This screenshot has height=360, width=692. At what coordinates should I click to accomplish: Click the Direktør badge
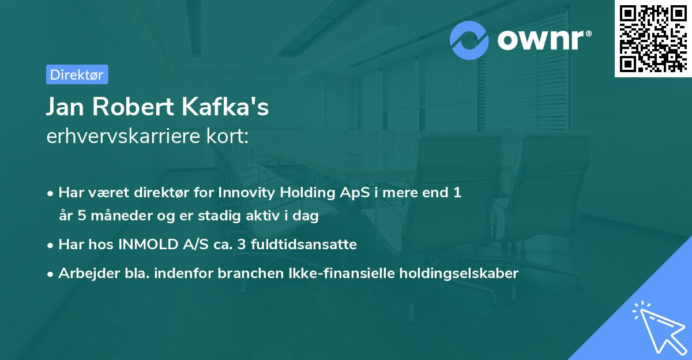coord(77,74)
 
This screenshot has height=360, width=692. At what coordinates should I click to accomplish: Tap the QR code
coord(652,38)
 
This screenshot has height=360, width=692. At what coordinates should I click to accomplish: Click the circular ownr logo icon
coord(469,40)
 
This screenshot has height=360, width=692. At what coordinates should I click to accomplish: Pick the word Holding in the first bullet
coord(303,193)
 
